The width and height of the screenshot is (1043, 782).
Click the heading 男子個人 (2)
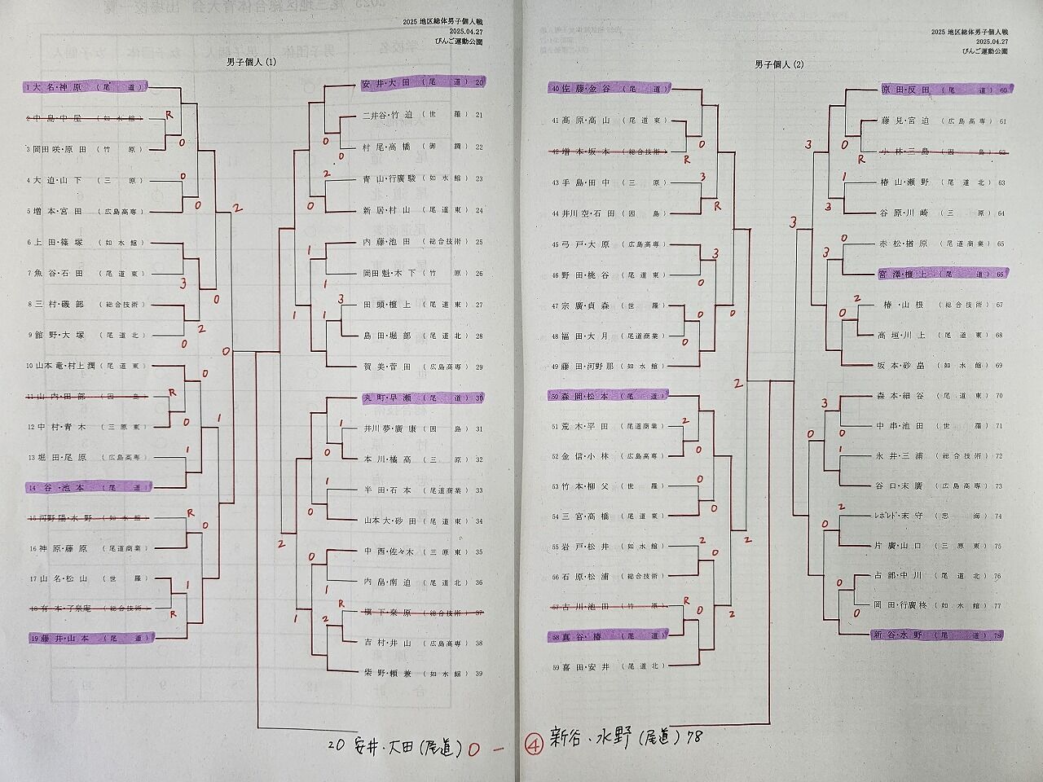point(778,64)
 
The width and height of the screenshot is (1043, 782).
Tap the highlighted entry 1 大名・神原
point(85,86)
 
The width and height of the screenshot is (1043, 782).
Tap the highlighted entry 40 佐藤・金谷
point(610,89)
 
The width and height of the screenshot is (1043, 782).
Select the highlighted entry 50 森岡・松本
point(610,396)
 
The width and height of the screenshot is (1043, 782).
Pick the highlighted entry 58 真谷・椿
point(610,635)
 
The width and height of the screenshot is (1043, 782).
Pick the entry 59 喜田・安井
point(610,666)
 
